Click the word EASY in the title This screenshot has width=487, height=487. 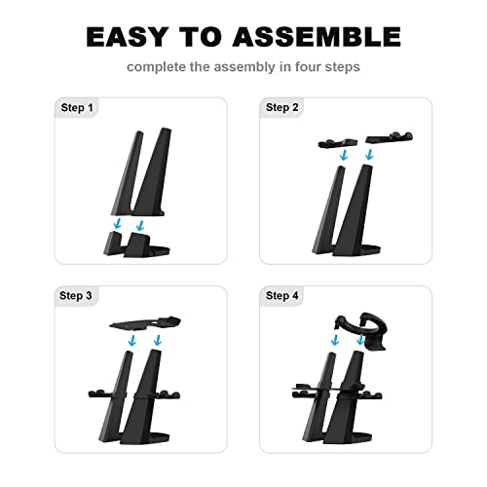tap(128, 37)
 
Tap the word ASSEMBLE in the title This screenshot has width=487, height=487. tap(317, 37)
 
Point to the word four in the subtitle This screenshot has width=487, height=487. tap(308, 67)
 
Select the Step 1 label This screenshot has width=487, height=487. tap(77, 107)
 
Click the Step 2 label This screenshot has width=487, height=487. tap(281, 107)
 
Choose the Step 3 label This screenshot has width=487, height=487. tap(76, 295)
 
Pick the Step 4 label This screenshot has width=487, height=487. tap(281, 295)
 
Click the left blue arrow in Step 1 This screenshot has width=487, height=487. tap(118, 223)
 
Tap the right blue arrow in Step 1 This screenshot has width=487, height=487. tap(140, 225)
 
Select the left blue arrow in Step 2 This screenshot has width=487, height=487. tap(344, 155)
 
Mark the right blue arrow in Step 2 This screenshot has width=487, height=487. tap(369, 155)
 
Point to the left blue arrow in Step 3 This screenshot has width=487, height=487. tap(132, 340)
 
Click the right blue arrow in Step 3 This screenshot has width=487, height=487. tap(158, 340)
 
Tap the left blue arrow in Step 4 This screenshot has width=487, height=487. tap(335, 340)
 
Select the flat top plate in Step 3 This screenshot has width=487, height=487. tap(145, 323)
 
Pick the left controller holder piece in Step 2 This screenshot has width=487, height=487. tap(338, 143)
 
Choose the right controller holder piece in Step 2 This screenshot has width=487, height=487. tap(390, 137)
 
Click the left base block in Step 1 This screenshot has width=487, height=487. tap(112, 243)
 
